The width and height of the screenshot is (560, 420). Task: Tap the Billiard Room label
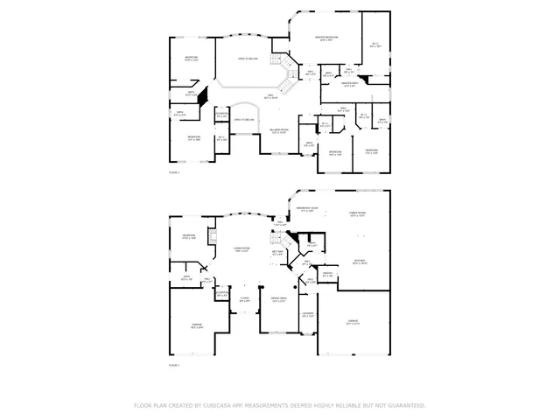tap(277, 132)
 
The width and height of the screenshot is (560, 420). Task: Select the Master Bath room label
tap(349, 85)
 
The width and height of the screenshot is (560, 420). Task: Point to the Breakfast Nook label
tap(307, 209)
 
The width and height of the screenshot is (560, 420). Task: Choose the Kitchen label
tap(359, 262)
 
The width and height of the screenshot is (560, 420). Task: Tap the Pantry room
tap(327, 276)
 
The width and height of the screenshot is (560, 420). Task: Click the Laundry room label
tap(308, 315)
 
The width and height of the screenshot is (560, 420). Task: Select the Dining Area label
tap(279, 300)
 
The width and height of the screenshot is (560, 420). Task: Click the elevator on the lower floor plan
tap(221, 294)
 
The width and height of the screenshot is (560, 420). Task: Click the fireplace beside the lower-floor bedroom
tap(210, 237)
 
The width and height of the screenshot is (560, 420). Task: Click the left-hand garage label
tap(196, 325)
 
